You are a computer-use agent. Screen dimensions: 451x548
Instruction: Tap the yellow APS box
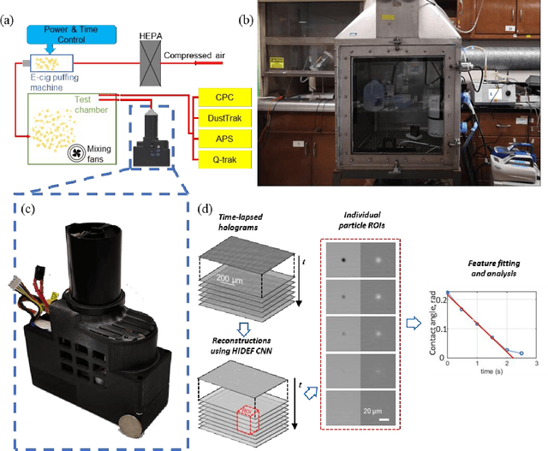[225, 139]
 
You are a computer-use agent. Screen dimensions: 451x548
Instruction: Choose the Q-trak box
[225, 159]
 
